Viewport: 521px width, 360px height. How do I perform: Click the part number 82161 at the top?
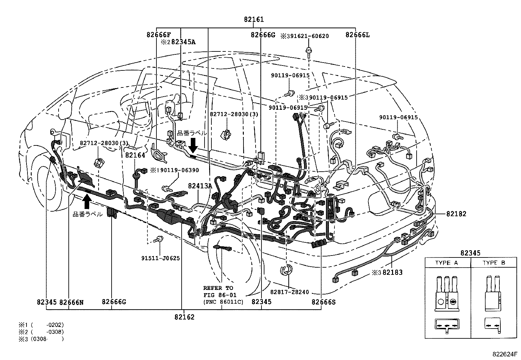point(254,20)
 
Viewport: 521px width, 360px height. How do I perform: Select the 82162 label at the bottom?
point(184,317)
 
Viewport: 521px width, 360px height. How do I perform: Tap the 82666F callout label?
point(158,35)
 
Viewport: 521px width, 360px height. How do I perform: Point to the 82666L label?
point(357,35)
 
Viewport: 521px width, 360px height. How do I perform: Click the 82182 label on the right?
point(456,214)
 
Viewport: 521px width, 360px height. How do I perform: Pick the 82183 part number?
point(392,272)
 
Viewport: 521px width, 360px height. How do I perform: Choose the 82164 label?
point(135,155)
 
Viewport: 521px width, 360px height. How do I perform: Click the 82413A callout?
point(200,186)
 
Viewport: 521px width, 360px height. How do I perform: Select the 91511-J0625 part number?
point(160,258)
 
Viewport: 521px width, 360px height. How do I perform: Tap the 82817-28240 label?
point(289,292)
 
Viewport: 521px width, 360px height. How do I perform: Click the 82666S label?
point(323,302)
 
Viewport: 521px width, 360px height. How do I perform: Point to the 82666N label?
point(71,302)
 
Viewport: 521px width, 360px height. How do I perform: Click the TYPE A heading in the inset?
point(447,263)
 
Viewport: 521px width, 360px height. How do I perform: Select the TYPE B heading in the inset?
point(494,263)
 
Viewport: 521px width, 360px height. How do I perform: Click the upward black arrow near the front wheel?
point(87,201)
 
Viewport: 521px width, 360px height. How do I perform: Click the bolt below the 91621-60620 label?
point(308,51)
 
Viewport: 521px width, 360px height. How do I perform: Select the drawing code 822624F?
point(505,354)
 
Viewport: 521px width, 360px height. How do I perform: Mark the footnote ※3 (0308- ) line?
point(41,339)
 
